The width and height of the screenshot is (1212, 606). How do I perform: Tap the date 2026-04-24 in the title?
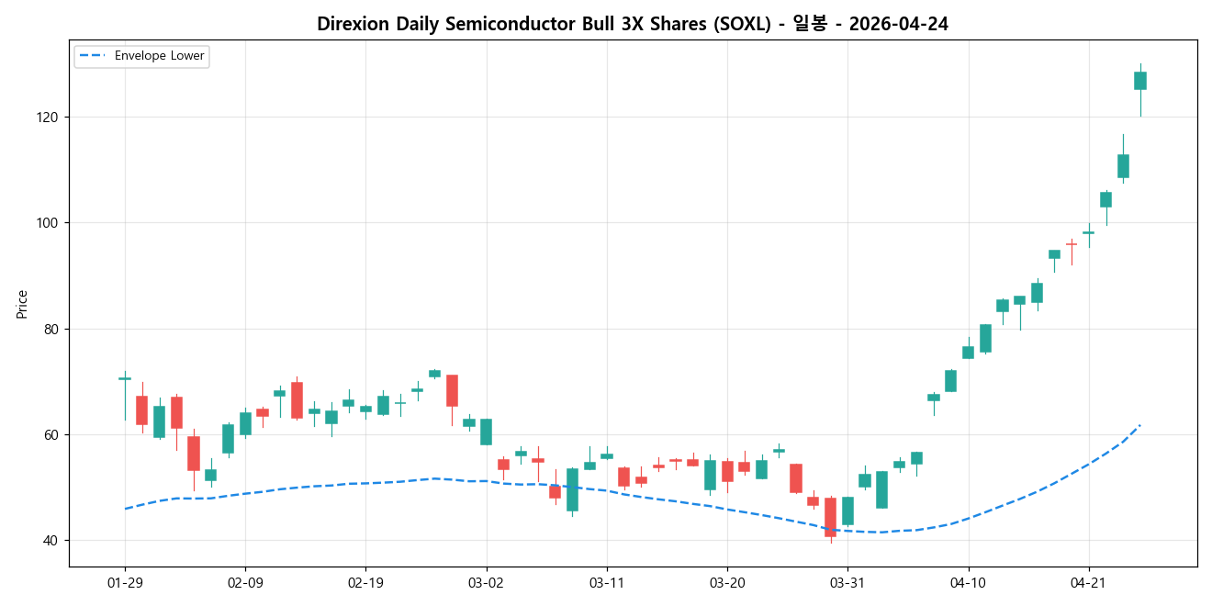[x=898, y=25]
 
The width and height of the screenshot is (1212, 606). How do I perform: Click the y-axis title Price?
[x=22, y=304]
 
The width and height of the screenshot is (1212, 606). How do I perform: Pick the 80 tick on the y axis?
[x=50, y=329]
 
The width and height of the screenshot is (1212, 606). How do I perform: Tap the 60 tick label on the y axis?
[x=50, y=434]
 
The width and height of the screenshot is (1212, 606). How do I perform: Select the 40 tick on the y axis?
[x=50, y=541]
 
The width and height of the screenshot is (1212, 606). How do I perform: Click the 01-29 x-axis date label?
[x=125, y=582]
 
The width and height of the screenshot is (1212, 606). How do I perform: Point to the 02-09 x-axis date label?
[x=245, y=582]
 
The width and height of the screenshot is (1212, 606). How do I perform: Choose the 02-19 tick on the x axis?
[x=365, y=582]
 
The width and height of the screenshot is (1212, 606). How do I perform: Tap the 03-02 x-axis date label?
[x=486, y=582]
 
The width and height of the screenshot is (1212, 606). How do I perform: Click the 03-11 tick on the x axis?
[x=606, y=582]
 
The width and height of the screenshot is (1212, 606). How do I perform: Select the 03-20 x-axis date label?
[x=727, y=582]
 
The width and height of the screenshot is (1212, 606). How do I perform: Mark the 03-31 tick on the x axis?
[x=847, y=582]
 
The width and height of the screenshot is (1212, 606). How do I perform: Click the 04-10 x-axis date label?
[x=968, y=582]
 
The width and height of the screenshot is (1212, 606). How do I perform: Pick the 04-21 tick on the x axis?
[x=1088, y=582]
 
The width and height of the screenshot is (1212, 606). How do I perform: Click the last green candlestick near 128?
[x=1140, y=81]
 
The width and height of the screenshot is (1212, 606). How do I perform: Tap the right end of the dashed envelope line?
[x=1140, y=424]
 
